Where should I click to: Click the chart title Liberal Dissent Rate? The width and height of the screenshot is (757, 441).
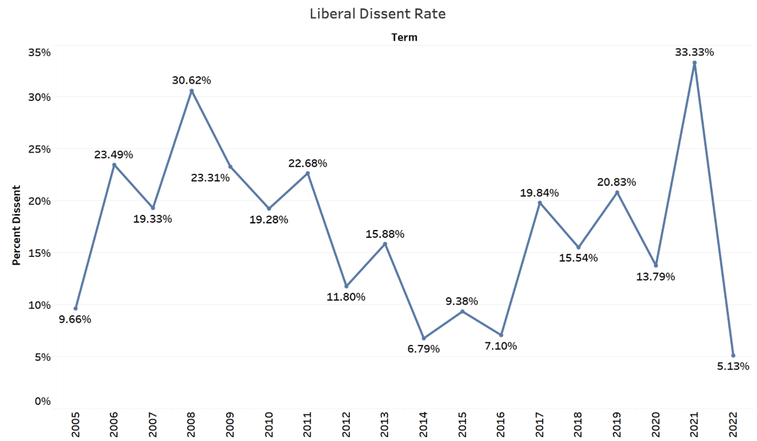(x=378, y=15)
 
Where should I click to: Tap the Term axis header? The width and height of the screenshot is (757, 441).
(x=404, y=38)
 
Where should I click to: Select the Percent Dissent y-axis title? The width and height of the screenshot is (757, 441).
(x=16, y=225)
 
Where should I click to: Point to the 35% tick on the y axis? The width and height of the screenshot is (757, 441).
(x=39, y=53)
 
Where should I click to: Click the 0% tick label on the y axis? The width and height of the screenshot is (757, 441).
(x=43, y=401)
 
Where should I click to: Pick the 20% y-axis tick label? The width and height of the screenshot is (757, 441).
(x=39, y=201)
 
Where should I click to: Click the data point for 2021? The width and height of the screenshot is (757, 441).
(x=694, y=63)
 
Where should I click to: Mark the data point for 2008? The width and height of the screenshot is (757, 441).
(x=191, y=91)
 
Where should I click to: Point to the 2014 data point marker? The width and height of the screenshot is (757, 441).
(x=423, y=338)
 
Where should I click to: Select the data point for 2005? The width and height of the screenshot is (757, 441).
(x=76, y=309)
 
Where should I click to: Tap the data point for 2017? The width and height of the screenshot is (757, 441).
(x=539, y=203)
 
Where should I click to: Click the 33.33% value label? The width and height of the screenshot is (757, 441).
(x=694, y=52)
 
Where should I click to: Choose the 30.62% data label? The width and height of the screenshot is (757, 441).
(x=191, y=80)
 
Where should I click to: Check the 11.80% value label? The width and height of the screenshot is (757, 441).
(x=346, y=297)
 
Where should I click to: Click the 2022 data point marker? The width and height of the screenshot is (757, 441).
(x=733, y=355)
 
